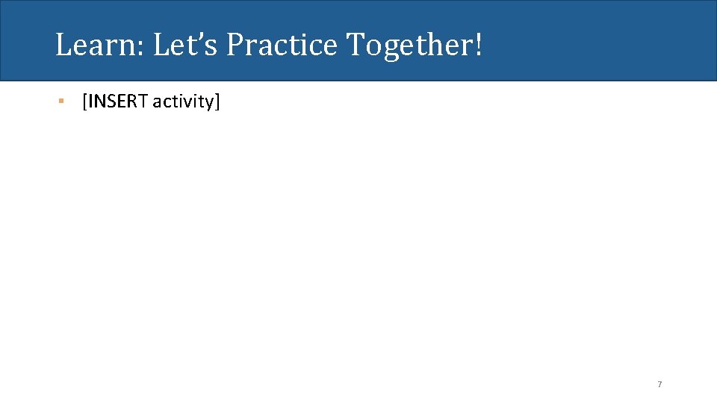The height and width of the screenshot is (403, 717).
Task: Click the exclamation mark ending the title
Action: click(x=477, y=46)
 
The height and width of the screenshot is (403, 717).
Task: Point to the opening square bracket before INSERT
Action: click(x=84, y=102)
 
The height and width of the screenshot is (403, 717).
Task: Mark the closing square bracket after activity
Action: click(x=218, y=102)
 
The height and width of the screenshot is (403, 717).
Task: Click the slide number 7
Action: click(x=659, y=384)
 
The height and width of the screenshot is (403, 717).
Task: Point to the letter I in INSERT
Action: click(x=90, y=101)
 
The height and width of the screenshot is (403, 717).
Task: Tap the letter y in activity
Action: click(x=210, y=104)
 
